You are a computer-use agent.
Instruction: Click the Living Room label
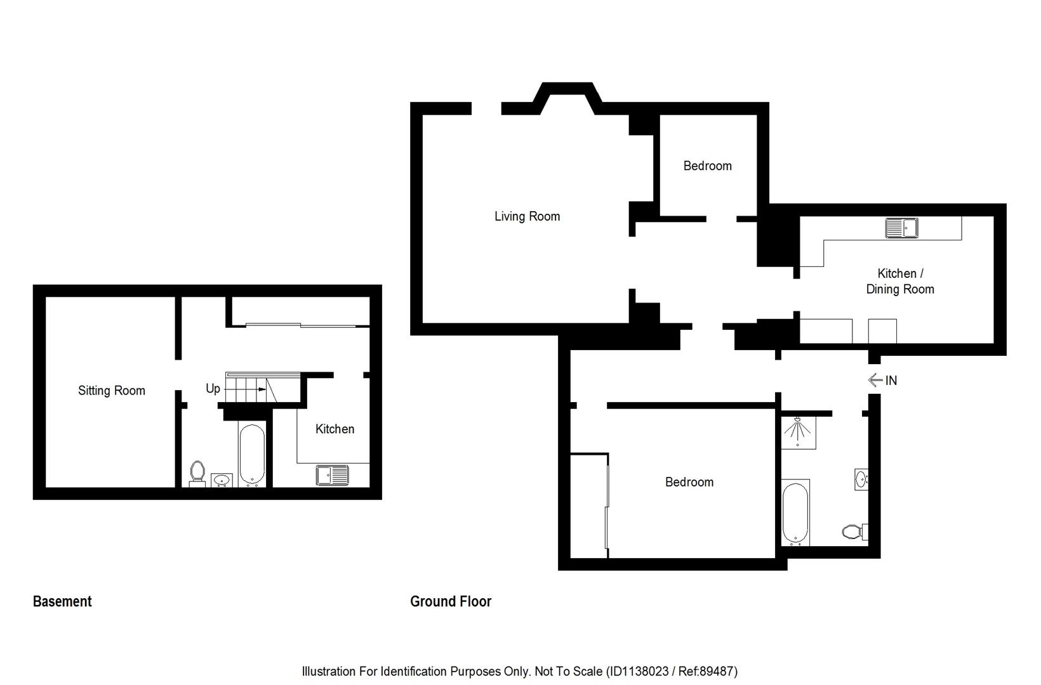pos(527,216)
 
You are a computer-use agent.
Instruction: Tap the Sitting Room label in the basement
pos(111,391)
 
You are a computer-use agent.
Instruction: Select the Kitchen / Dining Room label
pos(900,281)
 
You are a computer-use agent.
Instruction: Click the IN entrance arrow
pos(877,380)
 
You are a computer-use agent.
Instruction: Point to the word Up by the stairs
pos(213,388)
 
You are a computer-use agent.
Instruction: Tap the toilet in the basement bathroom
pos(197,473)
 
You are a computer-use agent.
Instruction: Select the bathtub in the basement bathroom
pos(252,455)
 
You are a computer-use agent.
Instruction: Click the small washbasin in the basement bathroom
pos(222,480)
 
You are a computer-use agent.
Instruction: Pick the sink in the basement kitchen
pos(332,475)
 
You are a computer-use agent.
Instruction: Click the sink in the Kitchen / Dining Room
pos(901,227)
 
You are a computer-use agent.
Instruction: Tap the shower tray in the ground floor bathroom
pos(798,432)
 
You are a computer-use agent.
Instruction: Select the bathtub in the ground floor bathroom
pos(795,512)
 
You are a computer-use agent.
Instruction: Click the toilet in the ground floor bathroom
pos(854,531)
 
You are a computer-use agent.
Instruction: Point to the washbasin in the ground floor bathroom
pos(861,479)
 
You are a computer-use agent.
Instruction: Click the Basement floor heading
pos(62,601)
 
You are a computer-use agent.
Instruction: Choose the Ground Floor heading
pos(451,601)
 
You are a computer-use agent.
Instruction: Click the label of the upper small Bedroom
pos(707,166)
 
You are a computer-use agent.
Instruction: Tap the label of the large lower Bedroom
pos(689,482)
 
